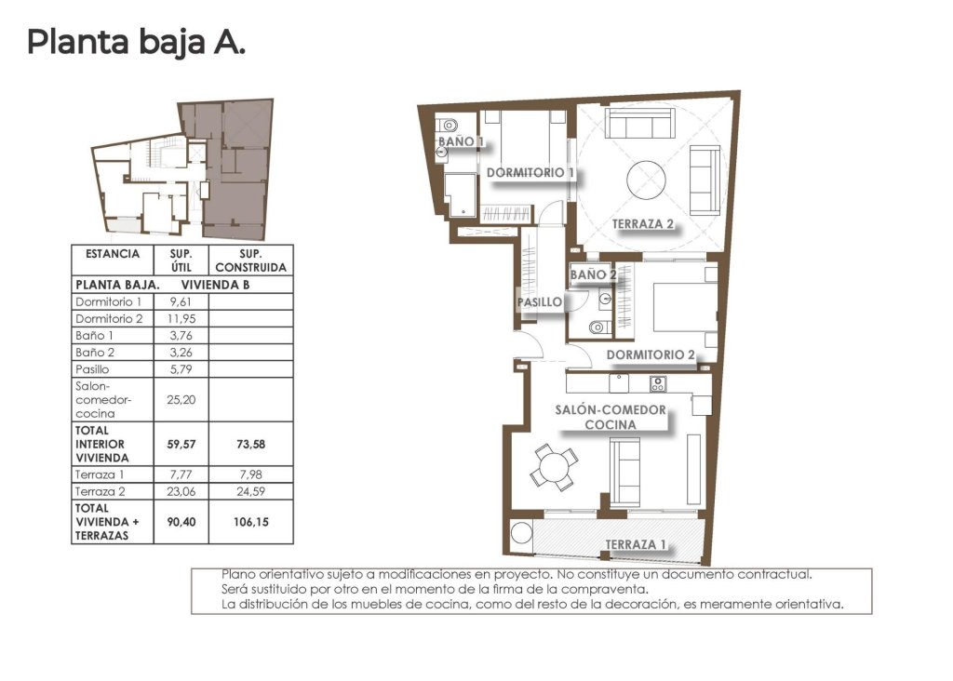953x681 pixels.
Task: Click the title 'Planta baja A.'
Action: coord(136,42)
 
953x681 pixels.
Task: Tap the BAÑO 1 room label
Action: coord(461,141)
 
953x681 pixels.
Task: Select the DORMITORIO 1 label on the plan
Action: coord(530,173)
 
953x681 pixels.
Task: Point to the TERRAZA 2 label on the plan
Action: coord(643,223)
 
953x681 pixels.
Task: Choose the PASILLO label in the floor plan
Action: coord(540,301)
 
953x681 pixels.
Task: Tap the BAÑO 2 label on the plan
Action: coord(593,274)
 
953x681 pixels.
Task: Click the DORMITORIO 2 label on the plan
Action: coord(651,354)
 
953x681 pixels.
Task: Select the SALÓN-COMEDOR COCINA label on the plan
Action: coord(611,417)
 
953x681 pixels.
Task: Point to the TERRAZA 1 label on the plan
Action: coord(637,544)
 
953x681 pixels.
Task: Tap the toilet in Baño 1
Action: coord(449,125)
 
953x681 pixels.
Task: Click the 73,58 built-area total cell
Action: coord(251,444)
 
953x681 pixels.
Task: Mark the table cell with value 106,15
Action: coord(251,522)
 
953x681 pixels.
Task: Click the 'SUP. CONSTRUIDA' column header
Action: coord(251,260)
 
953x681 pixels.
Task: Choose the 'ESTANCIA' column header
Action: coord(113,254)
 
